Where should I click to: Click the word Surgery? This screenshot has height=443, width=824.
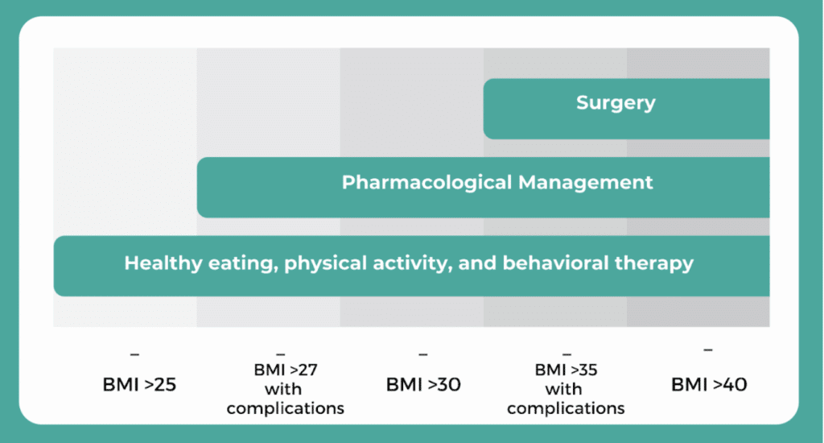click(x=616, y=103)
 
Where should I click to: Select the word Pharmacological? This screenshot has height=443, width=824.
click(x=426, y=183)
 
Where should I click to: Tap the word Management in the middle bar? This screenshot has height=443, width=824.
click(x=586, y=183)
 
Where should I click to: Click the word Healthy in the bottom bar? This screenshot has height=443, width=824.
click(x=163, y=263)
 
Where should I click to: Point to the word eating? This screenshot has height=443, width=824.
click(x=243, y=263)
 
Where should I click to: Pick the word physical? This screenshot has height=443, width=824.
click(x=325, y=263)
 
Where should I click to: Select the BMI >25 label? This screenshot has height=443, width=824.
click(x=139, y=384)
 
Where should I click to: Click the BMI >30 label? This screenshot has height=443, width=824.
click(x=423, y=384)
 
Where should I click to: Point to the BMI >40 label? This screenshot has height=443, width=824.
click(x=709, y=384)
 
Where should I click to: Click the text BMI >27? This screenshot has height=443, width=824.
click(x=286, y=370)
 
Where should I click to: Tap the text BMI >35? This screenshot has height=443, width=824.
click(x=566, y=370)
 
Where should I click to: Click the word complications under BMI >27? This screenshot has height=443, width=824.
click(x=286, y=408)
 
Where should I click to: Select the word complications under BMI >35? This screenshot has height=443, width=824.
click(x=566, y=408)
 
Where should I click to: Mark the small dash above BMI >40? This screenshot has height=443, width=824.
click(x=708, y=350)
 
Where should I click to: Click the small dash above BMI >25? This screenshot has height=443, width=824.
click(x=134, y=354)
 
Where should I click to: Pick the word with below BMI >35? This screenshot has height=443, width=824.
click(x=563, y=389)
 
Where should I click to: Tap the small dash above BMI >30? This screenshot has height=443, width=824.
click(x=423, y=354)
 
